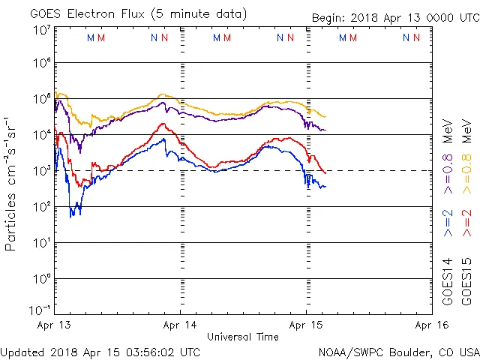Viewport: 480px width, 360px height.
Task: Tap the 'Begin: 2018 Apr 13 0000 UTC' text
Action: click(395, 18)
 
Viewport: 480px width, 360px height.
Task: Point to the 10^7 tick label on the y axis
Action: click(42, 29)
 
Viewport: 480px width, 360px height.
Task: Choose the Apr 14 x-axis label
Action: click(181, 325)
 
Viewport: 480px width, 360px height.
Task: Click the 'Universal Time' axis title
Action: click(243, 337)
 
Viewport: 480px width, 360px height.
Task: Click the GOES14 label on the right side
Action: click(448, 281)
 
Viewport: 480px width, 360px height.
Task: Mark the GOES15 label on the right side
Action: click(466, 281)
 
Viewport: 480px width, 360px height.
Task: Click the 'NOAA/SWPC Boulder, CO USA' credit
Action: click(398, 352)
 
